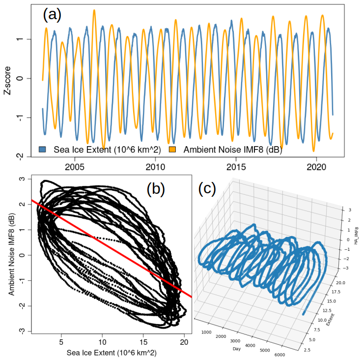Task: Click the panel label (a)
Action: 52,15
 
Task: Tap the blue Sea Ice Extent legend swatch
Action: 43,148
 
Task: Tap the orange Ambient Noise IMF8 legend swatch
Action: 172,148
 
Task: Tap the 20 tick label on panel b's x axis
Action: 184,341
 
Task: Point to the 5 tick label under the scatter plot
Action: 61,341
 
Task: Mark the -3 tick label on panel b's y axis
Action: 22,330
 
